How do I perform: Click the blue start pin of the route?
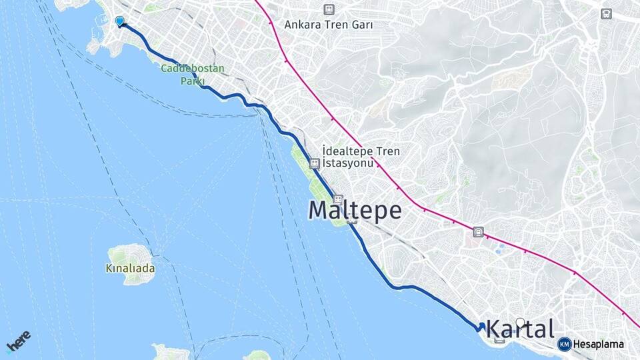[x=120, y=21]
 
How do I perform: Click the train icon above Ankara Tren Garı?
[x=328, y=9]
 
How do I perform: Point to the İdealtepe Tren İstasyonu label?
[x=361, y=157]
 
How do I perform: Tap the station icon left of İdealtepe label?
[x=314, y=162]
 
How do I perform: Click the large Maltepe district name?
[x=355, y=211]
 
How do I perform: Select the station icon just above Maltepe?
[x=338, y=199]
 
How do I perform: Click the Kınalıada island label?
[x=130, y=269]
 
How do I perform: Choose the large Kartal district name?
[x=520, y=329]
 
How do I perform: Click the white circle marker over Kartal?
[x=520, y=323]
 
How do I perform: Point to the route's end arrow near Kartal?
[x=481, y=326]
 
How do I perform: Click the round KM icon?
[x=564, y=344]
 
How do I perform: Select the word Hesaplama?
[x=599, y=344]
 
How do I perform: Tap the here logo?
[x=18, y=341]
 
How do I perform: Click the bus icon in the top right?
[x=605, y=13]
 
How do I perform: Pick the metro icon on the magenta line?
[x=477, y=232]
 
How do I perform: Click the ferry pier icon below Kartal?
[x=500, y=340]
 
